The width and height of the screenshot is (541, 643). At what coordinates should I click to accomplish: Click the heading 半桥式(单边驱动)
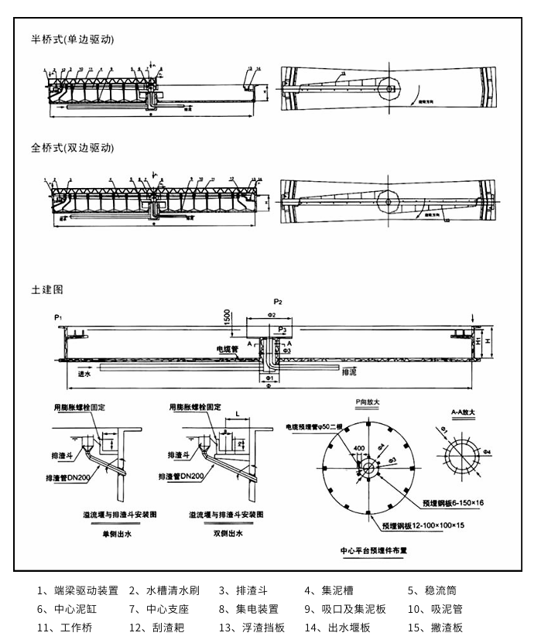(73, 39)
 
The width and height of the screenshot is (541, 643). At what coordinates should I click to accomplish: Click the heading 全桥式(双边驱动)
(73, 148)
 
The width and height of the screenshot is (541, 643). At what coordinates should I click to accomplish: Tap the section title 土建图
(46, 289)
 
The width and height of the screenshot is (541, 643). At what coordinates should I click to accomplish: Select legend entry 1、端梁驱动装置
(77, 590)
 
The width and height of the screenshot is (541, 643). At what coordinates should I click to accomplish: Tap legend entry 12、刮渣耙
(159, 628)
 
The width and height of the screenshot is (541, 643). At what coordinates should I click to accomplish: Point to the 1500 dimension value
(227, 316)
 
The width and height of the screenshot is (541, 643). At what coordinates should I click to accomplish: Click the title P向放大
(368, 402)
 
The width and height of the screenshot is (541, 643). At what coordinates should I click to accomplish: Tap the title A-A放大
(464, 413)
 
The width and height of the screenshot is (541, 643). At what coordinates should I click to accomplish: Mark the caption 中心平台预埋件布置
(374, 552)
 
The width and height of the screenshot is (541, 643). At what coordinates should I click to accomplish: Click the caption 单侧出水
(118, 534)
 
